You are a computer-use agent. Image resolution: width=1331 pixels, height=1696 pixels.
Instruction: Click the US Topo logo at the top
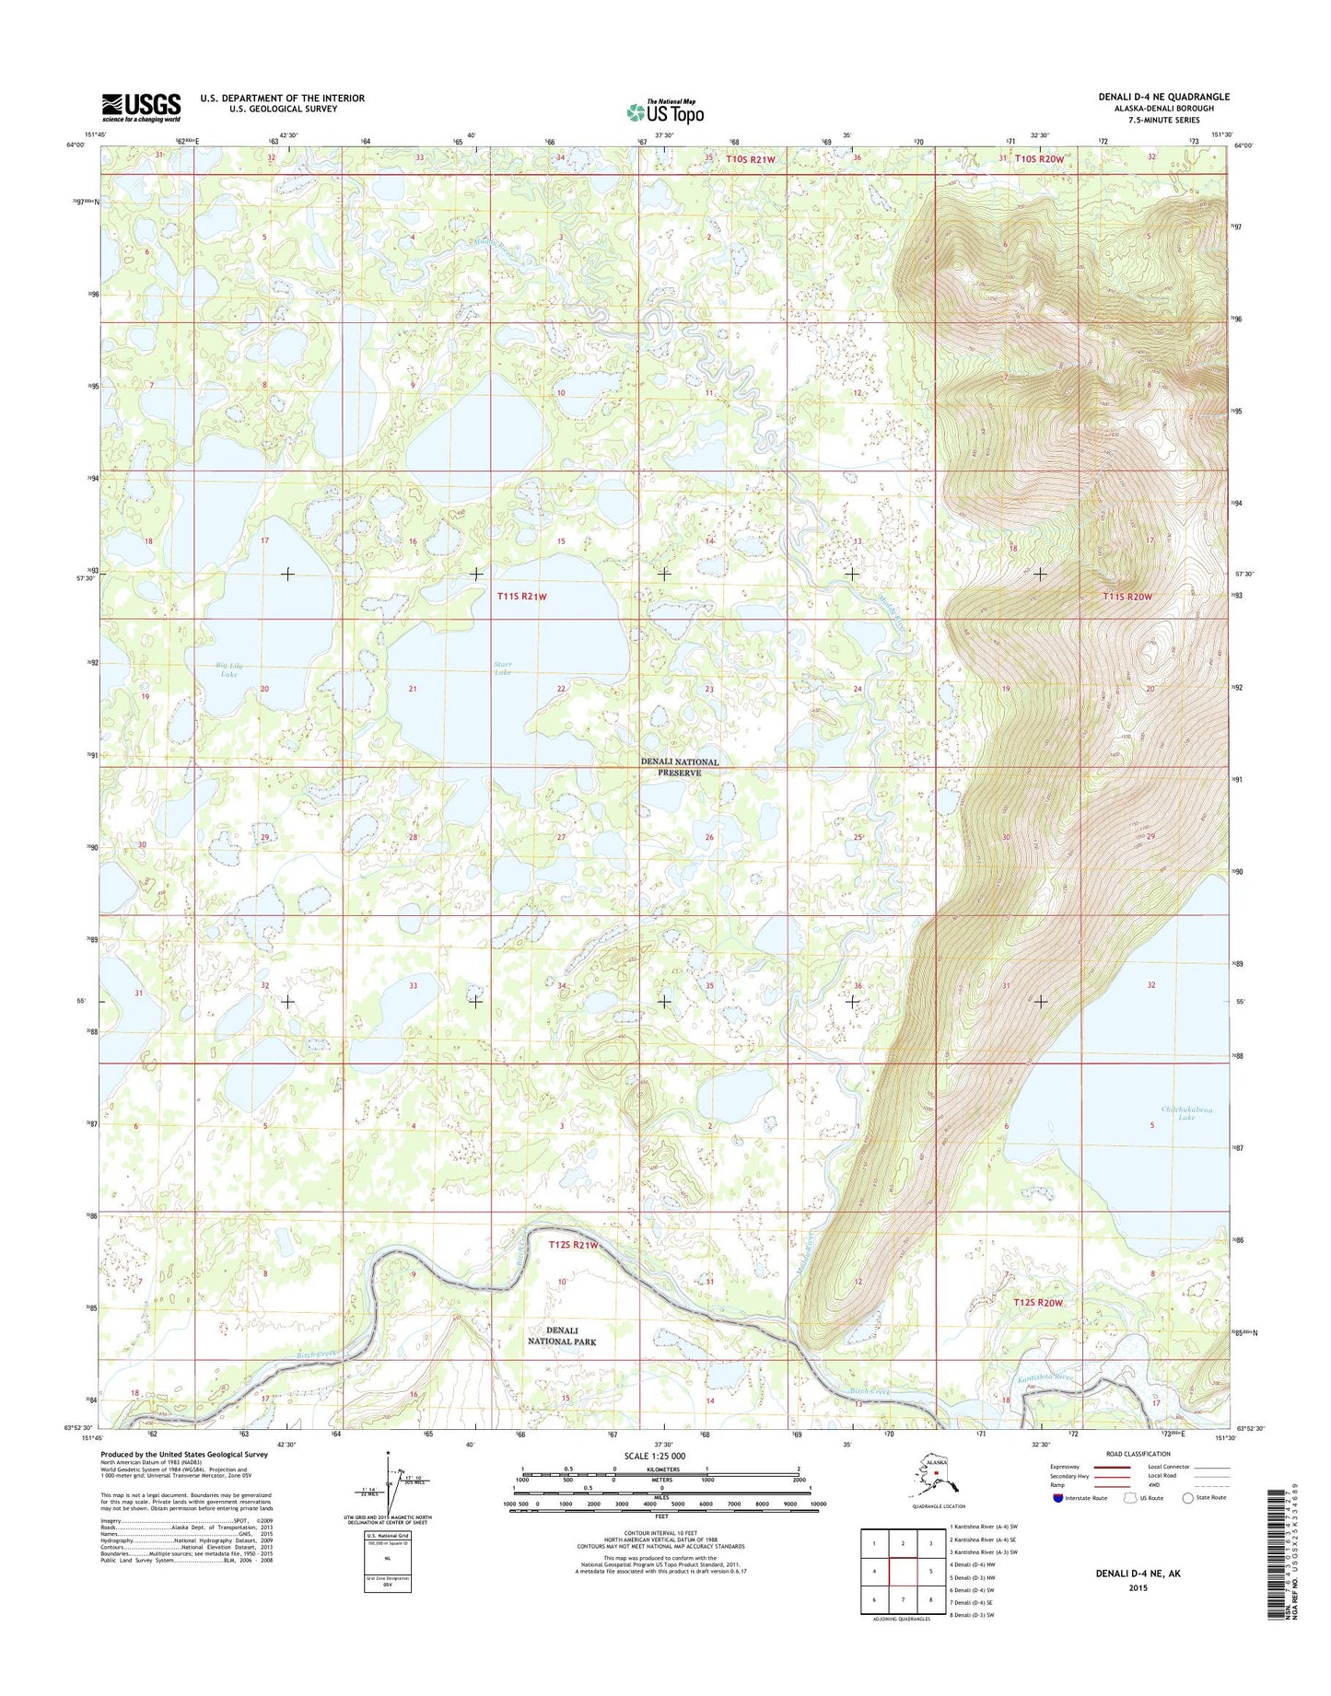(x=665, y=111)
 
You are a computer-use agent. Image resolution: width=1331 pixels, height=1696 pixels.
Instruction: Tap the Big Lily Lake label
(x=228, y=669)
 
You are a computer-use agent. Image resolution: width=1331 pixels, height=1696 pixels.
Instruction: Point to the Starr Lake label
(x=503, y=668)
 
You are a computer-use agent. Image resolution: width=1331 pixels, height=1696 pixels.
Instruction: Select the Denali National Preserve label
(x=680, y=767)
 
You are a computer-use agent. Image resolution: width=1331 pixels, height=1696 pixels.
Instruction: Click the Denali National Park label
(x=561, y=1336)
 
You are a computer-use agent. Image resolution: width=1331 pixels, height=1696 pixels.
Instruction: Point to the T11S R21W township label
(x=522, y=597)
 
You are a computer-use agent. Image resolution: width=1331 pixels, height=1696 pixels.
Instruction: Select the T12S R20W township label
(x=1038, y=1303)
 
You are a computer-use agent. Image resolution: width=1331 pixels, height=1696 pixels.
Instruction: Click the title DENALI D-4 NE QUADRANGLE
(x=1163, y=97)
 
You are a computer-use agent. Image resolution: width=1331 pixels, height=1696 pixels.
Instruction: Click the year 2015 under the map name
(x=1138, y=1587)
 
